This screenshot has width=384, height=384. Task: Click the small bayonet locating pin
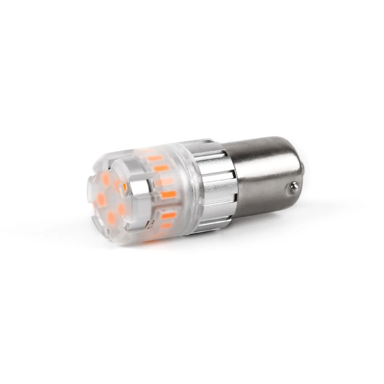click(x=294, y=186)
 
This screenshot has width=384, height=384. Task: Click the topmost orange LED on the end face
click(x=106, y=179)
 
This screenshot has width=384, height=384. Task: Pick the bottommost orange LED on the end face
click(x=111, y=218)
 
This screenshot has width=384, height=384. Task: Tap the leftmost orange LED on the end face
click(x=100, y=199)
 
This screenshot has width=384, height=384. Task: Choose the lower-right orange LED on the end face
click(x=121, y=209)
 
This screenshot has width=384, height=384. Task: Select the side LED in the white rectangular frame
click(x=168, y=215)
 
